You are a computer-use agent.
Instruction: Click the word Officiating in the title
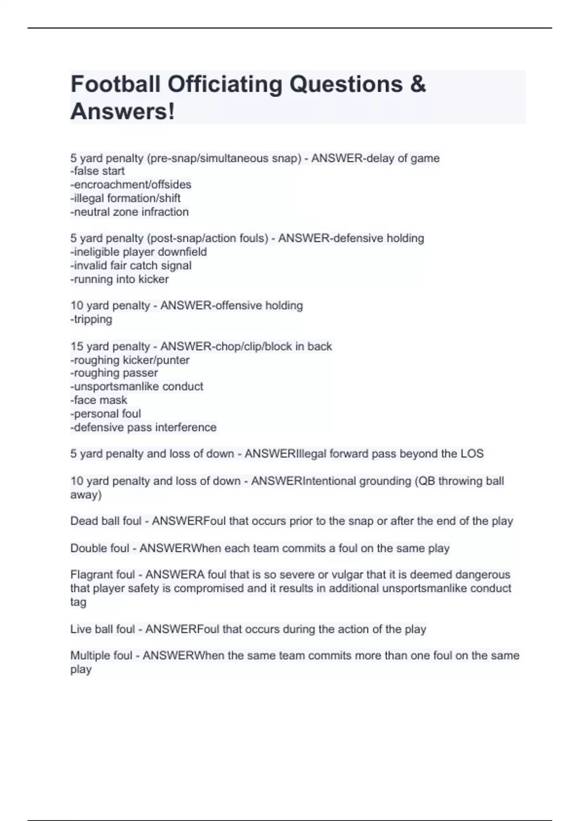coord(225,84)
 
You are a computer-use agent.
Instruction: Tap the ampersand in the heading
coord(418,84)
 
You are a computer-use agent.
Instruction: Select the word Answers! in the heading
coord(123,112)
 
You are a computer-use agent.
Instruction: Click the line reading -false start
coord(98,171)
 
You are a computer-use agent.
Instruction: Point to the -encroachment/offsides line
coord(131,184)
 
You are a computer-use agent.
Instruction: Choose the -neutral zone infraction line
coord(130,212)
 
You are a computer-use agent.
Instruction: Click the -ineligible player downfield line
coord(139,252)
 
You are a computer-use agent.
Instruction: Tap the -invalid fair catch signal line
coord(131,265)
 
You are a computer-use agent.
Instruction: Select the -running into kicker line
coord(119,279)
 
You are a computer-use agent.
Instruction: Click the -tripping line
coord(91,319)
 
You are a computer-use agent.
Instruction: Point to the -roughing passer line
coord(114,373)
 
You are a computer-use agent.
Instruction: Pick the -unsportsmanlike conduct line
coord(137,386)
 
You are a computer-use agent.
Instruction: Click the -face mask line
coord(99,400)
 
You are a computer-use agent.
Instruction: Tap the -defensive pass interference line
coord(144,427)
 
